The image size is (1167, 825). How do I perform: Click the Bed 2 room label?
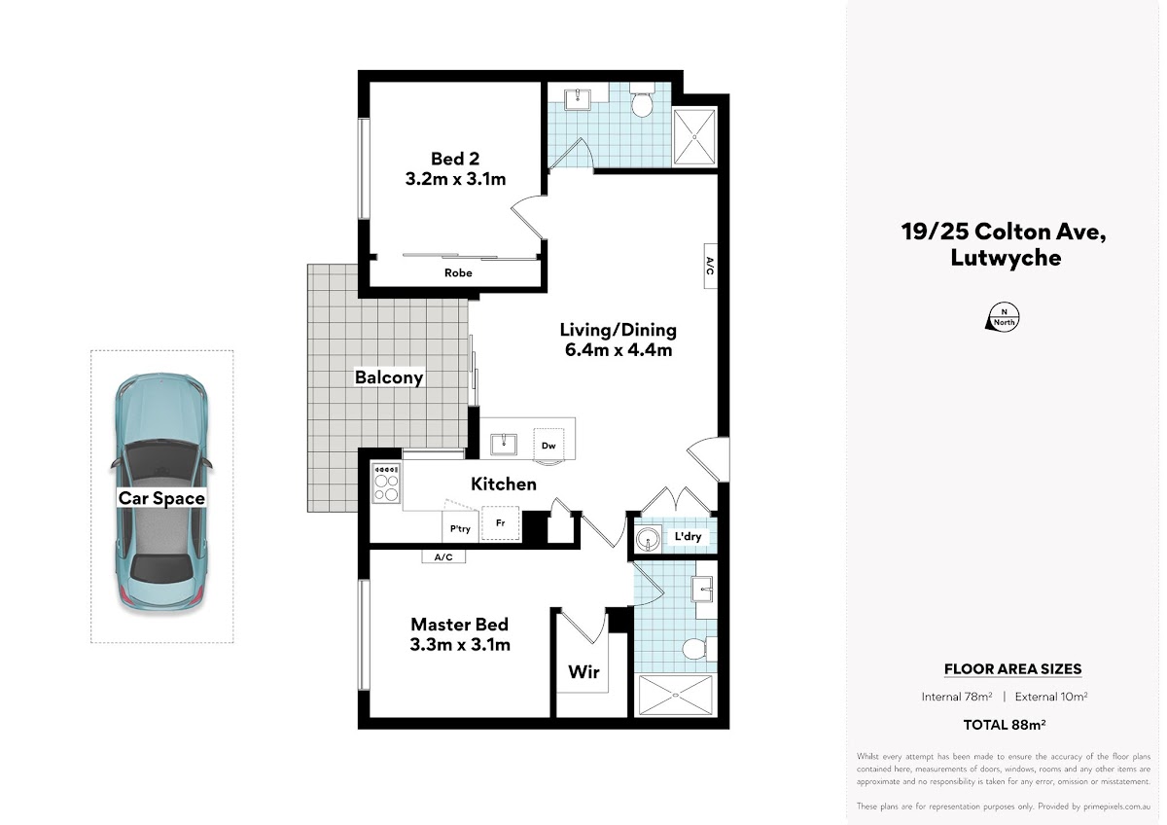[455, 159]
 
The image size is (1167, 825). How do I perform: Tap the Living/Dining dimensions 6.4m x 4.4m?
[619, 349]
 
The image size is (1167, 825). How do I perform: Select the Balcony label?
[389, 377]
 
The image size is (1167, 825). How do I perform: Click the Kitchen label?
[504, 484]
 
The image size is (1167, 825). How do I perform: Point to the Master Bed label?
[459, 625]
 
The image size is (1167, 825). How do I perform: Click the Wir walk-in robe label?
[583, 672]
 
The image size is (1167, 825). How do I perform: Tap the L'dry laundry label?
[688, 536]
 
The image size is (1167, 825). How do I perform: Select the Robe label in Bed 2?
[458, 272]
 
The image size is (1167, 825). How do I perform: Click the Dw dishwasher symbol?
[548, 444]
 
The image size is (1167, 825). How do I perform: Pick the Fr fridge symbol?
[500, 522]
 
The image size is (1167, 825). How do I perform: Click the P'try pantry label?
[460, 529]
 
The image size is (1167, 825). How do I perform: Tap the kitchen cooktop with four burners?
[386, 484]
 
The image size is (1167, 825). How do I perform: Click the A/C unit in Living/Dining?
[710, 266]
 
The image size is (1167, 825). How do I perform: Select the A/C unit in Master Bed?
[443, 557]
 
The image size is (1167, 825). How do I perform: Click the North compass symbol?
[1004, 317]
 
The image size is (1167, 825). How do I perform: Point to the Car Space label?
[161, 498]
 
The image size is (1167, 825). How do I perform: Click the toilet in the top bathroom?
[642, 100]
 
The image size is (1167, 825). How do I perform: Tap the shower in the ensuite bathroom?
[675, 696]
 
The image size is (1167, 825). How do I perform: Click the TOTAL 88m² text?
[1004, 725]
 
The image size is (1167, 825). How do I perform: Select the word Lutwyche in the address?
[1006, 258]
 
